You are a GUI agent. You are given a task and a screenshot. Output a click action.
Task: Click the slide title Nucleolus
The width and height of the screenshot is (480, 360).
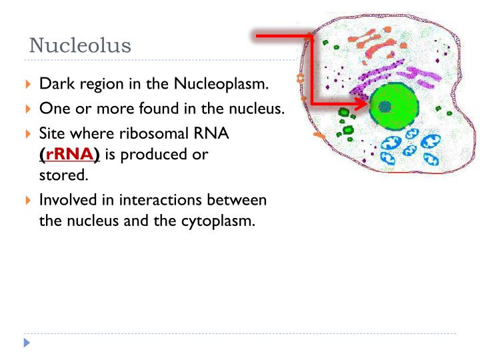81,46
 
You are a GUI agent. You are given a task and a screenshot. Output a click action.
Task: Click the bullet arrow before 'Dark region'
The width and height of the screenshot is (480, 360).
27,85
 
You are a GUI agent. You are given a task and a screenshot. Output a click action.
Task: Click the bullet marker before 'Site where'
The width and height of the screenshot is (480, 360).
27,133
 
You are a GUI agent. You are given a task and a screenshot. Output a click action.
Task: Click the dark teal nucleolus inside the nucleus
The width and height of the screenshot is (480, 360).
384,106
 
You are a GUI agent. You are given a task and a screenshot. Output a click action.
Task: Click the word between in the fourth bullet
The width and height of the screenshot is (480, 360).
241,200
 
